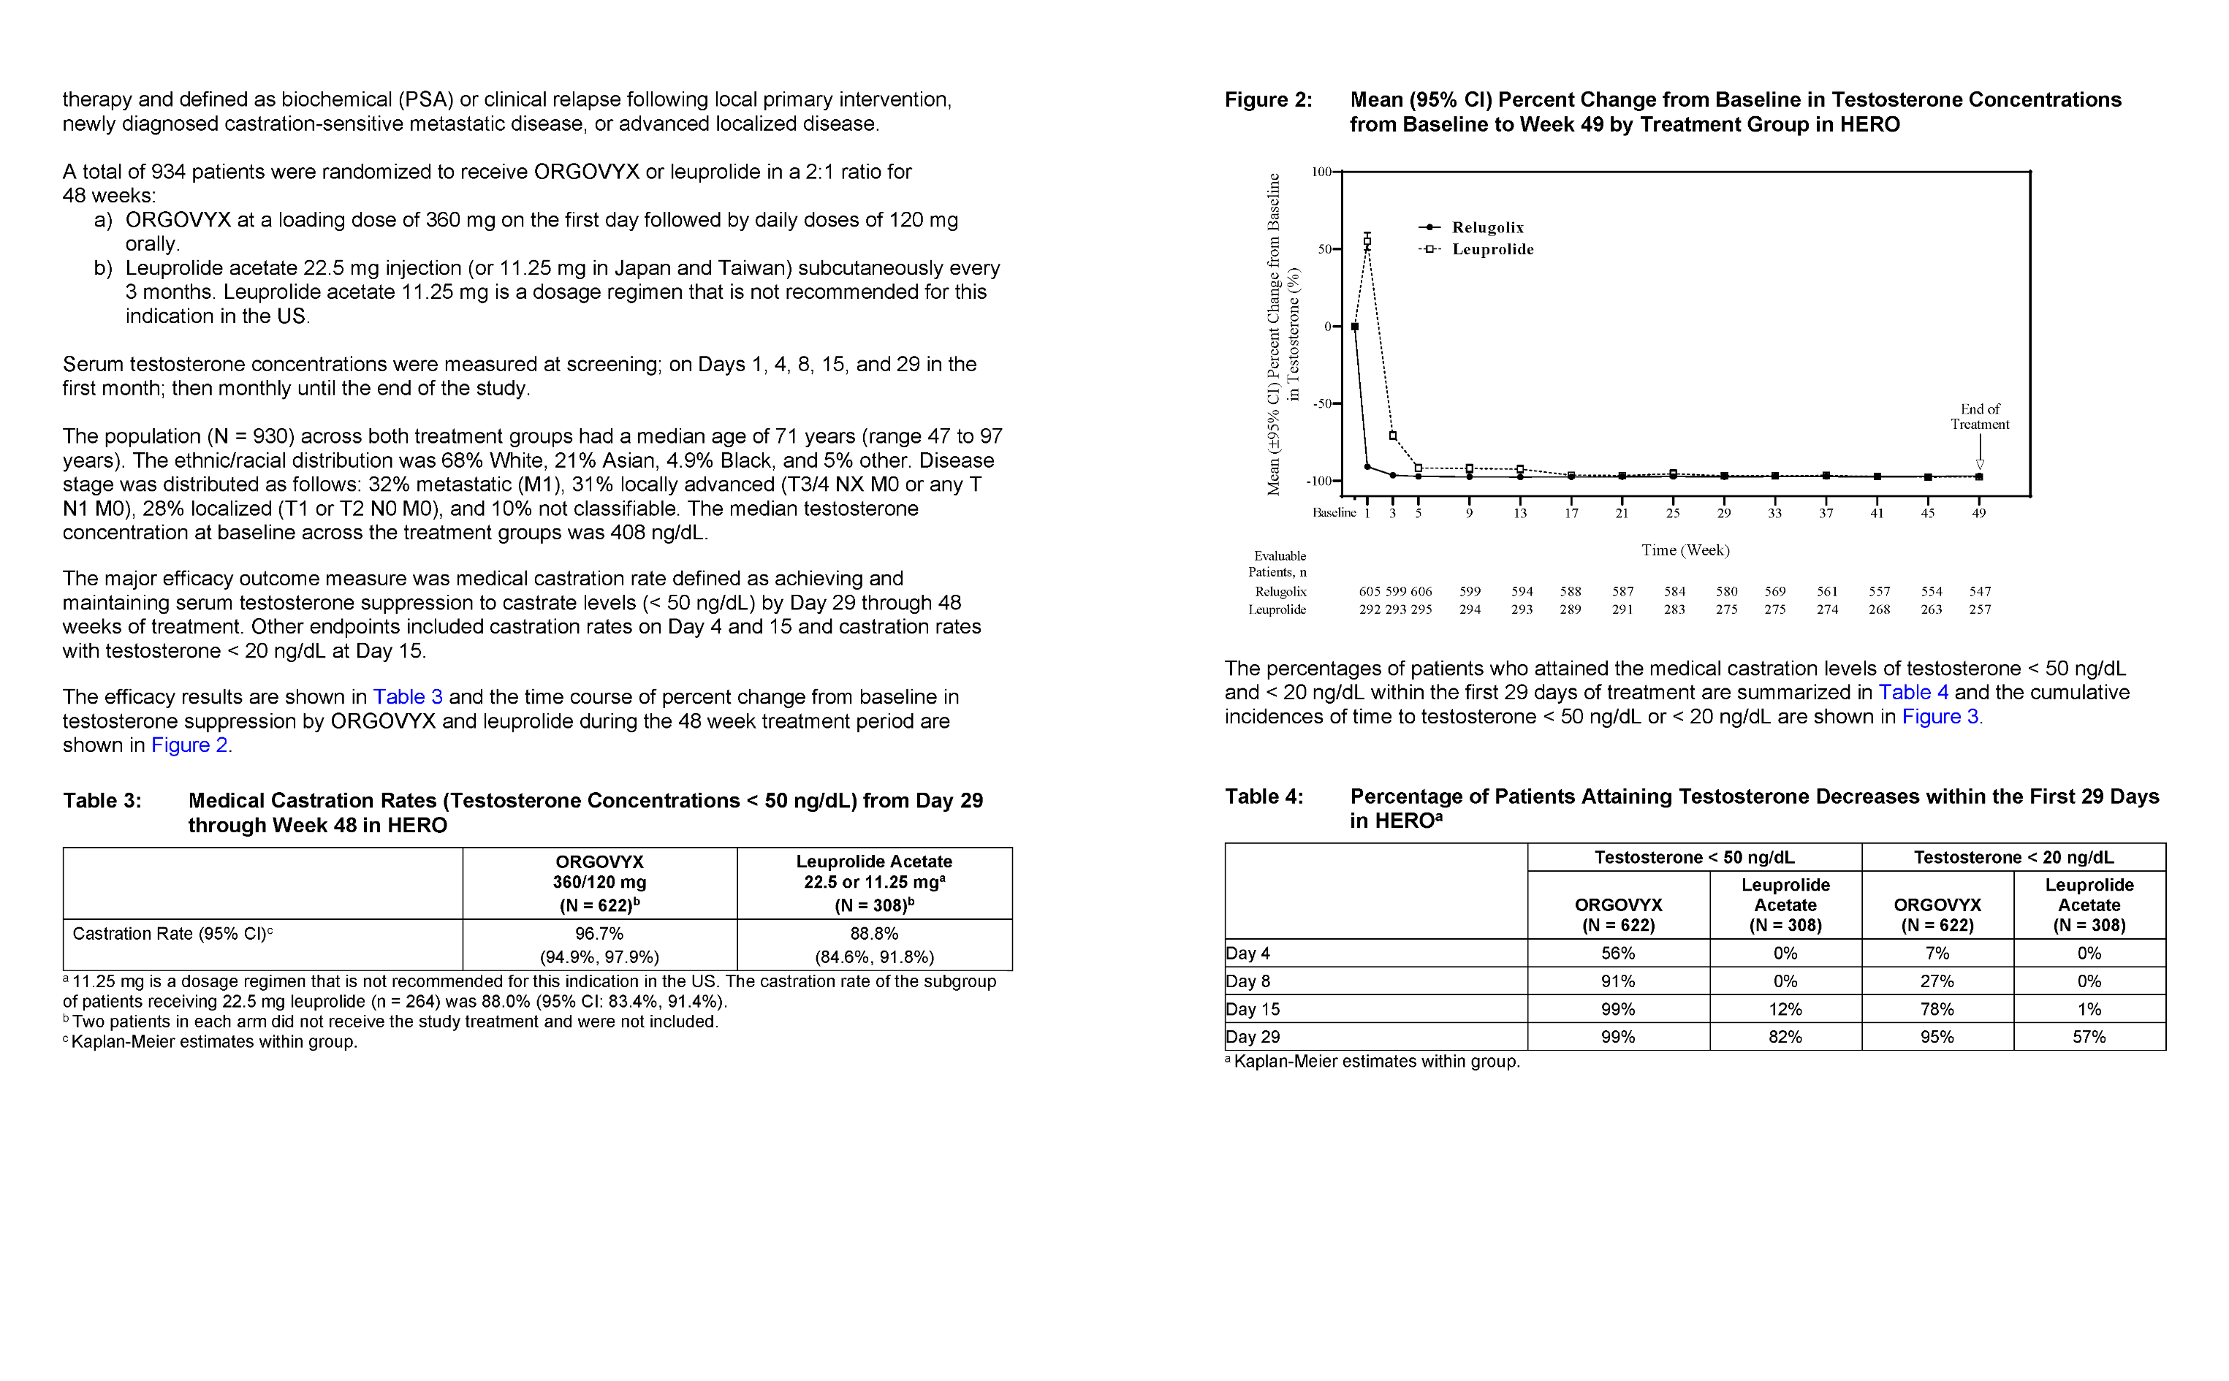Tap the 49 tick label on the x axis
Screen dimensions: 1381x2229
(1979, 513)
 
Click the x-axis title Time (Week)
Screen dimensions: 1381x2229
(1685, 549)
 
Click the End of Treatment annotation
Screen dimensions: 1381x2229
(1980, 416)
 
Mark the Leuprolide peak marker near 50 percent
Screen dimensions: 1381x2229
(1367, 242)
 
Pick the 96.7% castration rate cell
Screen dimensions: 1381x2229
(599, 934)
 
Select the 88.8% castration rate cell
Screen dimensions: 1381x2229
(874, 934)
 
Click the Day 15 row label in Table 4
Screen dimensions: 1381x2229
(1253, 1009)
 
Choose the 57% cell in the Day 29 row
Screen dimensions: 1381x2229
(2089, 1037)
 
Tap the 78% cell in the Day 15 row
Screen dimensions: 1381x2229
(1937, 1009)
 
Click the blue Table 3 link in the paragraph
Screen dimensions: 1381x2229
(408, 697)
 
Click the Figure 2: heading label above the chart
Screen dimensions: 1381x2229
(1268, 99)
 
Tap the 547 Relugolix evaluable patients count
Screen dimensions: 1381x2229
(1980, 592)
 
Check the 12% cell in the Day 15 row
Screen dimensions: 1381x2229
(1785, 1009)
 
